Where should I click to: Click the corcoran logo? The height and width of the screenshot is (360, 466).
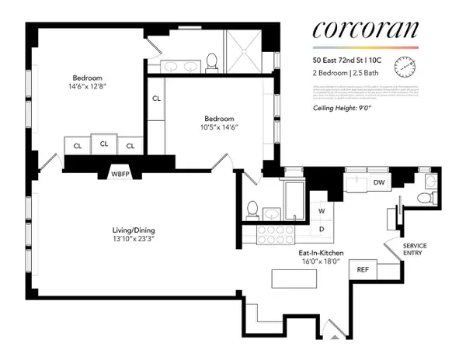(x=365, y=30)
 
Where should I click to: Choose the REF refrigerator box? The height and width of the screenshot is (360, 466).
(x=362, y=269)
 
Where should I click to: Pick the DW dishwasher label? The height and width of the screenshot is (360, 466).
(x=379, y=183)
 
